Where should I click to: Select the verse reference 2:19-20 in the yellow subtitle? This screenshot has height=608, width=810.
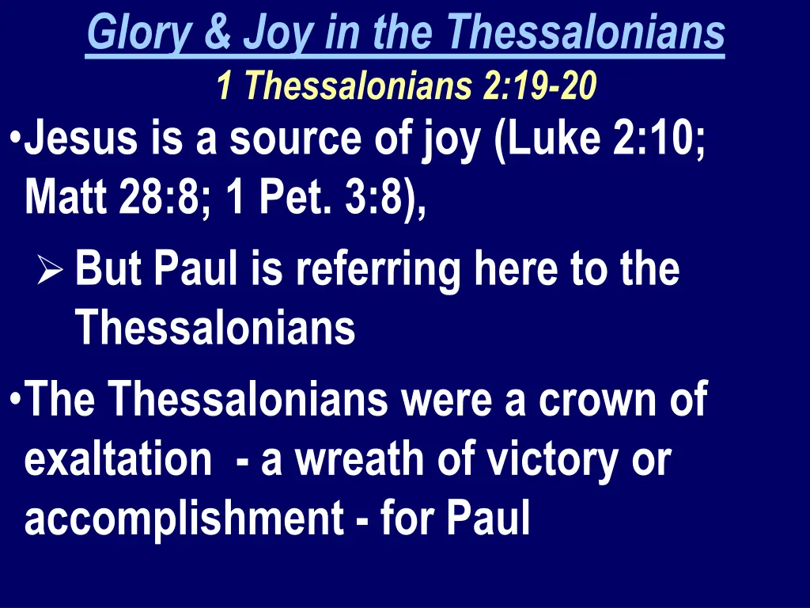click(539, 85)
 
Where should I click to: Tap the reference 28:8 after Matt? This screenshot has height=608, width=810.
click(164, 195)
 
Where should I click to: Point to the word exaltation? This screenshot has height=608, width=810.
click(118, 459)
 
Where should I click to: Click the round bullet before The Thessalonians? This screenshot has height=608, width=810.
click(17, 394)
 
